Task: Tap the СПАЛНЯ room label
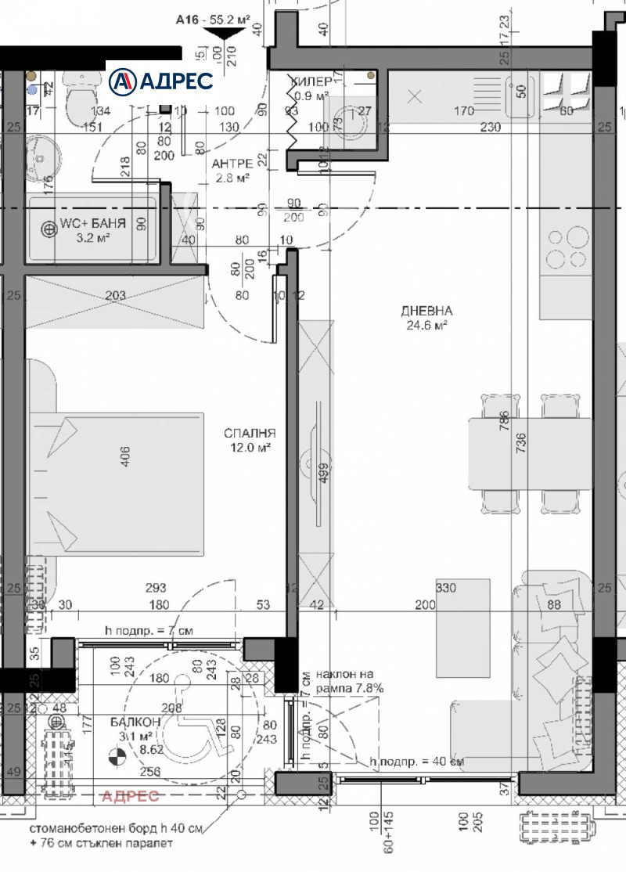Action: (x=250, y=433)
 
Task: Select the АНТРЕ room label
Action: (x=232, y=164)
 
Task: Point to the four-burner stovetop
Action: (x=567, y=247)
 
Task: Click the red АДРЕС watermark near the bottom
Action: (x=130, y=796)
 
